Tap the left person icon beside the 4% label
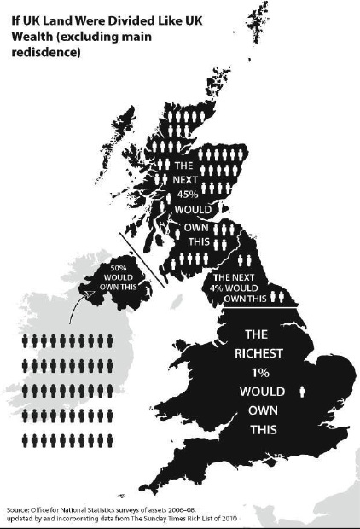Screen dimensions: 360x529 [275, 297]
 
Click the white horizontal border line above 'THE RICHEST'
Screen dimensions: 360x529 [256, 305]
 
